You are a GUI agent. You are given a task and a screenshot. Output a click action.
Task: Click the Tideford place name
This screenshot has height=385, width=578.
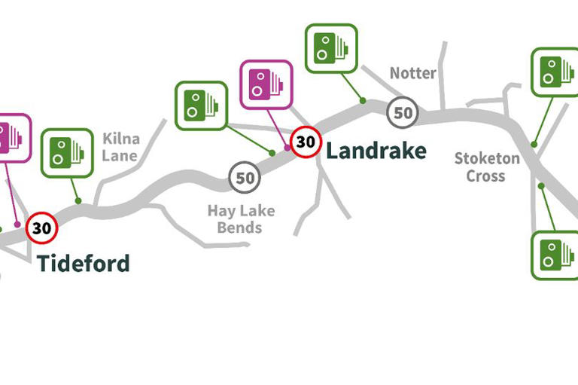(x=84, y=264)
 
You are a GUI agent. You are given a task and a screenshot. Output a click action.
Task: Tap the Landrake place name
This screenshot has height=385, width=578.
(x=376, y=151)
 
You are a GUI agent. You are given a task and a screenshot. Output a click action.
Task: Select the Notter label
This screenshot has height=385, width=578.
(x=412, y=73)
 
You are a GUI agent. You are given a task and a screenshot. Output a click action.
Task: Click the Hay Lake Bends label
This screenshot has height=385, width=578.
(x=241, y=218)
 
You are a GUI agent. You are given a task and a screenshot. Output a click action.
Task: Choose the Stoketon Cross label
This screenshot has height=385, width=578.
(x=486, y=167)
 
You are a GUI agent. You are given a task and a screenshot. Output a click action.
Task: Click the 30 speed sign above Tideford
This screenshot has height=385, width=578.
(x=42, y=228)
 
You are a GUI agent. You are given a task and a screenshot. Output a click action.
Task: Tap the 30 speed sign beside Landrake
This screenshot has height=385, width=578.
(x=305, y=142)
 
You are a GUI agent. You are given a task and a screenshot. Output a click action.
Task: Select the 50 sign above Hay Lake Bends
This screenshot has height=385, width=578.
(x=245, y=179)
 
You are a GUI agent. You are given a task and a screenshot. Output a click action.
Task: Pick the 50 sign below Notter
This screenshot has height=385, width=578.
(x=403, y=113)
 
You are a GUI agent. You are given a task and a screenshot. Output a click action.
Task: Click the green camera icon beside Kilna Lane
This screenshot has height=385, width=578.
(x=67, y=154)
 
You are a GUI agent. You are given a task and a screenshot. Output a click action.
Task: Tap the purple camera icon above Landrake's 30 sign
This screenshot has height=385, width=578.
(x=265, y=85)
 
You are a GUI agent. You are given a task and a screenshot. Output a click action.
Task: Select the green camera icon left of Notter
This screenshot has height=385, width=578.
(x=330, y=49)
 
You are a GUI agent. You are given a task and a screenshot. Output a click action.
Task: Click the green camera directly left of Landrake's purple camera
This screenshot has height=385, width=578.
(x=201, y=106)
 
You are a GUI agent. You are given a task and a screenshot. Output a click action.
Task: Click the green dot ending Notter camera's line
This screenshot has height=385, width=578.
(x=363, y=99)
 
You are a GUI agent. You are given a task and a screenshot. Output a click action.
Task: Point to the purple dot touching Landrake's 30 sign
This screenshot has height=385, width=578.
(x=287, y=147)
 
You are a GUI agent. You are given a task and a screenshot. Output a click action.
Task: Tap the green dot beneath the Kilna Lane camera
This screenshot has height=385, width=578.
(x=78, y=200)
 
